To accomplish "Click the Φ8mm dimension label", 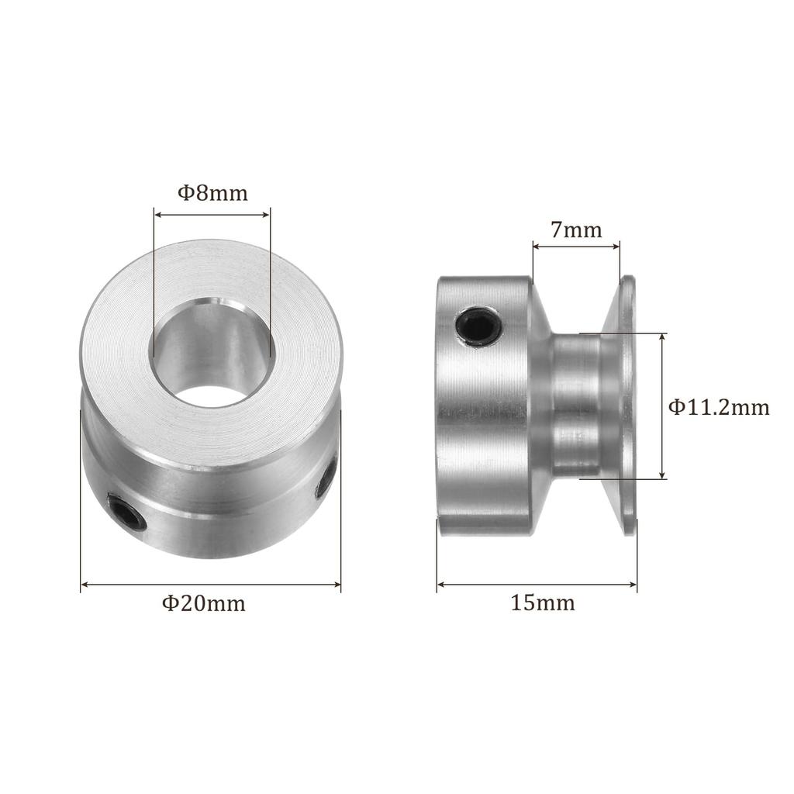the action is pyautogui.click(x=212, y=193).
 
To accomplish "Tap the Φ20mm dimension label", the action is pyautogui.click(x=204, y=603).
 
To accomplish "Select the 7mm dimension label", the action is pyautogui.click(x=576, y=230).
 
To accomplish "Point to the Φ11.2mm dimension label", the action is pyautogui.click(x=719, y=406).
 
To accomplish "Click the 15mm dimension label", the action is pyautogui.click(x=542, y=603).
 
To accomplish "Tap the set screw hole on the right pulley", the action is pyautogui.click(x=478, y=328).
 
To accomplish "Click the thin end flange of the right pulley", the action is pyautogui.click(x=626, y=406).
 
